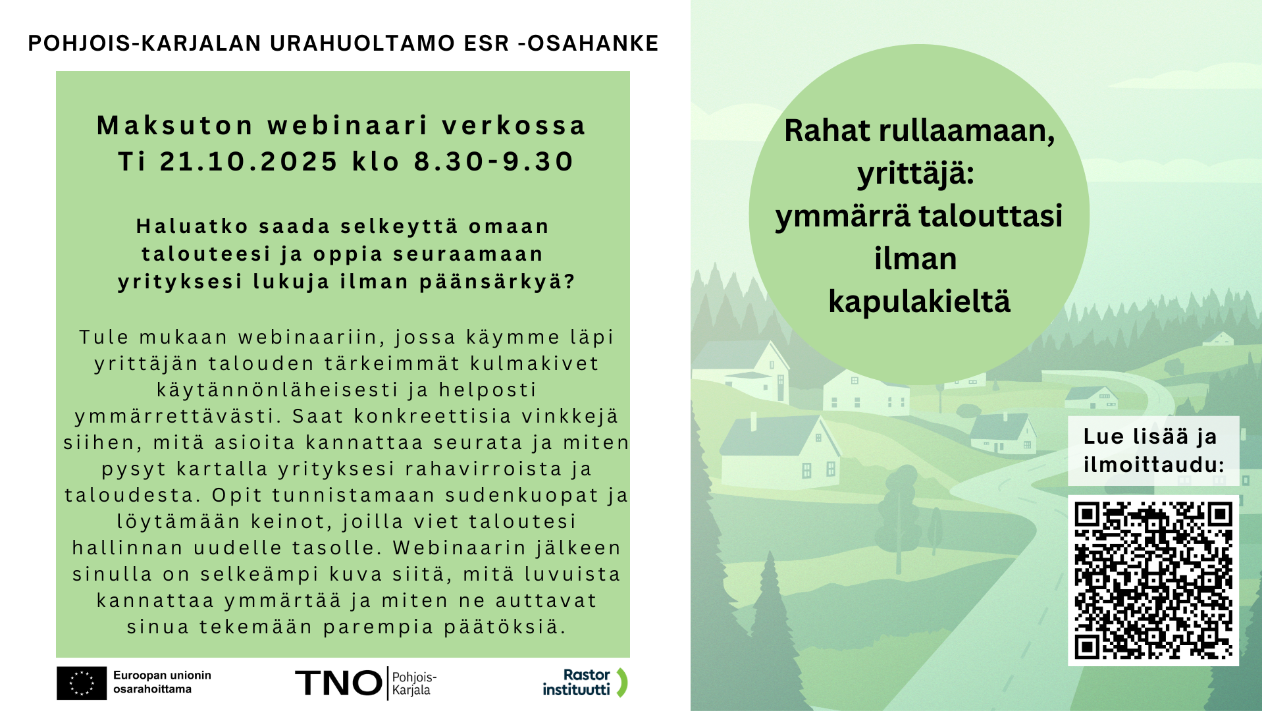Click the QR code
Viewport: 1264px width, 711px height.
point(1153,580)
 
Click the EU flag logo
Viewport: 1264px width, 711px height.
point(82,683)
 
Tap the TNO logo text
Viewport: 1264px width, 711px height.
point(338,683)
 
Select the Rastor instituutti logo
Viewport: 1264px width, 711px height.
point(585,683)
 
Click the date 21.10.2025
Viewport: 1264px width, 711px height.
point(249,161)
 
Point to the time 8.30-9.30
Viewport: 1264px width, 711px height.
point(494,161)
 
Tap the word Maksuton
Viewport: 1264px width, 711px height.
point(175,126)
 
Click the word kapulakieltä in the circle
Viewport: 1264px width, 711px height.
point(919,302)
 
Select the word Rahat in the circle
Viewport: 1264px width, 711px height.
point(828,130)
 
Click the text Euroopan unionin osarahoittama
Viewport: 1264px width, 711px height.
point(162,682)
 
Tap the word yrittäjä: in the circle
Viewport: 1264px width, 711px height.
point(916,174)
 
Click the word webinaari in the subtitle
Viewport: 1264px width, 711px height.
point(348,126)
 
